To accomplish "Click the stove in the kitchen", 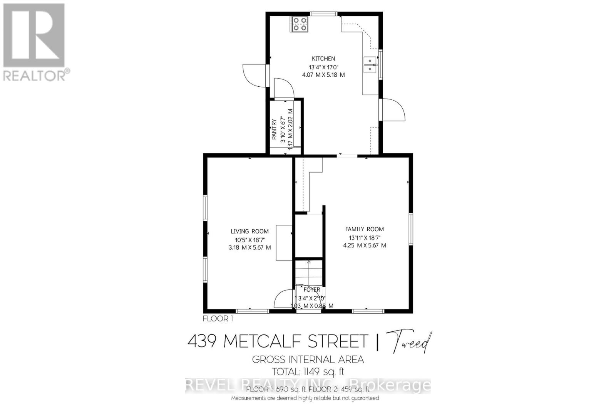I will click(300, 24).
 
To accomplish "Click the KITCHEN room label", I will click(323, 59).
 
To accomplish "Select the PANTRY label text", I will click(275, 129).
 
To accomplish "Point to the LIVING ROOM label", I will click(249, 231).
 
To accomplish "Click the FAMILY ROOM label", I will click(364, 229).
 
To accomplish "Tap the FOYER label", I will click(311, 289).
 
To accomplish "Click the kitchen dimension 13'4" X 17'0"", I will click(323, 67).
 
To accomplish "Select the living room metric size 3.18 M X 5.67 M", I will click(249, 247).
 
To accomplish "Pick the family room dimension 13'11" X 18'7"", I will click(364, 237).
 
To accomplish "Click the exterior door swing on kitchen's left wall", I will click(254, 76).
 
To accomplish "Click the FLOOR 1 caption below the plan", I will click(218, 319).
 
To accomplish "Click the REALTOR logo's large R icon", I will click(34, 35).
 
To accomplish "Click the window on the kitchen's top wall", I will click(322, 14).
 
